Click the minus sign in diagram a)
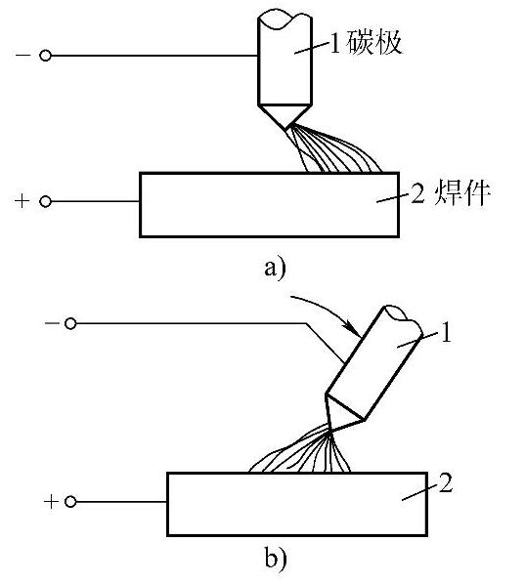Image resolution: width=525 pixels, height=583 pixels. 22,56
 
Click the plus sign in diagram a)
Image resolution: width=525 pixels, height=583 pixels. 22,201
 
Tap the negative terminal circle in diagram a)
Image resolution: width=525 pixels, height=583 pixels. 45,56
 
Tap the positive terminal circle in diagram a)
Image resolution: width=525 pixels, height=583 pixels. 45,201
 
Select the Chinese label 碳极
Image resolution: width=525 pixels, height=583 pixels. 374,42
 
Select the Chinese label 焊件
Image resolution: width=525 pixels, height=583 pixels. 461,193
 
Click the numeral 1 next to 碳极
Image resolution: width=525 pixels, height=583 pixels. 335,43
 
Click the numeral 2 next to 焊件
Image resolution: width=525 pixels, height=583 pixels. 417,192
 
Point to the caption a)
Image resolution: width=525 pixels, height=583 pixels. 275,268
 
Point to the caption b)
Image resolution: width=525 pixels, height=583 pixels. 276,559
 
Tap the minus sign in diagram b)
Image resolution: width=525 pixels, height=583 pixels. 52,323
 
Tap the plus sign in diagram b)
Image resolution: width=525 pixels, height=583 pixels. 51,502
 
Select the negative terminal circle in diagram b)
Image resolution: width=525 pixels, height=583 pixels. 70,324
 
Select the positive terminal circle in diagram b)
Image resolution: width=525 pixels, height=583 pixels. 70,502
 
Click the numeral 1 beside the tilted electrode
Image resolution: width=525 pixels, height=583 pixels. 446,332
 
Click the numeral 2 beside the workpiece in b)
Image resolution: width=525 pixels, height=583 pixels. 446,483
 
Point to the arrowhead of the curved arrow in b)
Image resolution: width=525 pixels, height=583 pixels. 353,328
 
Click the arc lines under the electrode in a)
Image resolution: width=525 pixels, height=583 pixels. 331,152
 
